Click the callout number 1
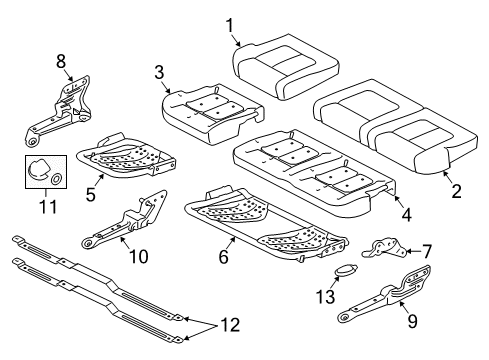(230, 25)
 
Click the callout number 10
(138, 257)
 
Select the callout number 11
(44, 206)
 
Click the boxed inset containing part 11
(46, 172)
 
